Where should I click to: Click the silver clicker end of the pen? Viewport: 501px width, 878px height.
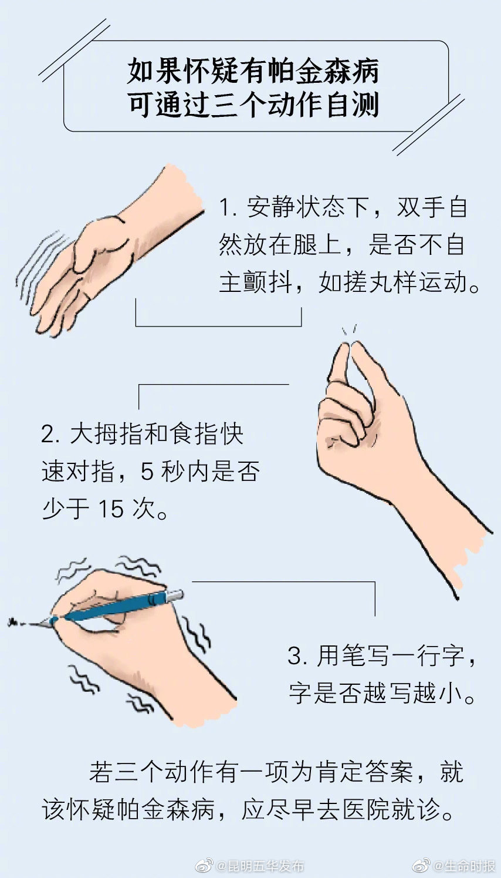[x=175, y=596]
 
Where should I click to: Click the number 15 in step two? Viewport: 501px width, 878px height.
[x=111, y=509]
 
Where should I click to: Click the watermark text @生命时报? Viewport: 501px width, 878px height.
[x=464, y=866]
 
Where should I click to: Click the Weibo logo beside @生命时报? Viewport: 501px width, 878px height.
[x=421, y=866]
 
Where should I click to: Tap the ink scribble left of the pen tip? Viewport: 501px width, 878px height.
[x=19, y=621]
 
